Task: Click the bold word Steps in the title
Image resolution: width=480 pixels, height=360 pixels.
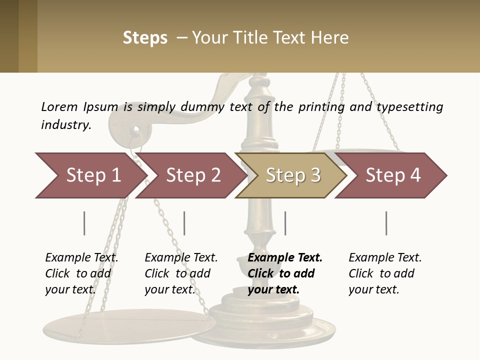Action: [x=145, y=38]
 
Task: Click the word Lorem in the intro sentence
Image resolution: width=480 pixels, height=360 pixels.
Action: [x=59, y=106]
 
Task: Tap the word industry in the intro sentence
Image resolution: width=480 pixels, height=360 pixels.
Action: [x=66, y=125]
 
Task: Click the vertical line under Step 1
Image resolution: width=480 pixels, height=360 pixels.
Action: [x=84, y=223]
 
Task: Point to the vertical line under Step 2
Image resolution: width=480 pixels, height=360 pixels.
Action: [x=184, y=223]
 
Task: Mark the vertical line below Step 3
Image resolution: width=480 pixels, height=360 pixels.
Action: [x=285, y=223]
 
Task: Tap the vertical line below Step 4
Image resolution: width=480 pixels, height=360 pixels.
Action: [x=386, y=223]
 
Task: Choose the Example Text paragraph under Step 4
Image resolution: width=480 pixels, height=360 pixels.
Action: [x=384, y=273]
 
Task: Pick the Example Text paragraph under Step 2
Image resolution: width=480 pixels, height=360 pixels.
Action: [x=180, y=273]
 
